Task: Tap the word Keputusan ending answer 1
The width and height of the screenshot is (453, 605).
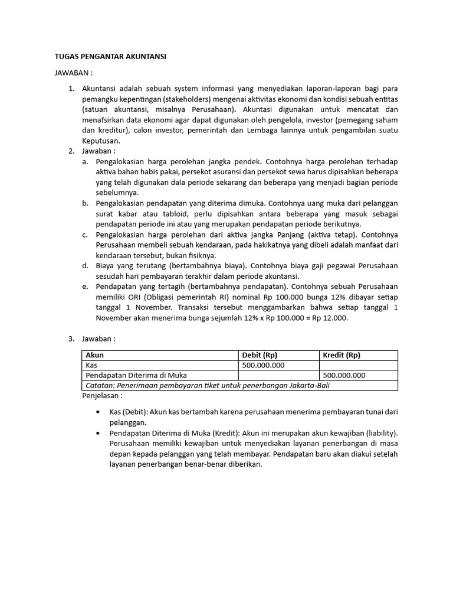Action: coord(101,141)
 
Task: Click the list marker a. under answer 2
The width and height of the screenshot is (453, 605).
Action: coord(86,161)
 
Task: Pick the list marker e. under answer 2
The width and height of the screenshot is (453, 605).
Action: coord(86,287)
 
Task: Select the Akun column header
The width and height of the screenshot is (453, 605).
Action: coord(95,355)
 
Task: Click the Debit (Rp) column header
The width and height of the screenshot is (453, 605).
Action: coord(260,355)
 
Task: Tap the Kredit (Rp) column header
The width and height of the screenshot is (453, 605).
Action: coord(342,355)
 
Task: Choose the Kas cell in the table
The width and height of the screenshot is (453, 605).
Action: coord(91,365)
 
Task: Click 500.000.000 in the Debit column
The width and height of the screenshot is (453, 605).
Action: coord(263,365)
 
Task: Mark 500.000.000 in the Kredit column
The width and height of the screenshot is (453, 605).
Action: coord(344,375)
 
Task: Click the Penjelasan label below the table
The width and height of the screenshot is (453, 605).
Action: coord(103,395)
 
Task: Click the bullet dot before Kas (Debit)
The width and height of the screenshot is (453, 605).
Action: coord(97,412)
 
